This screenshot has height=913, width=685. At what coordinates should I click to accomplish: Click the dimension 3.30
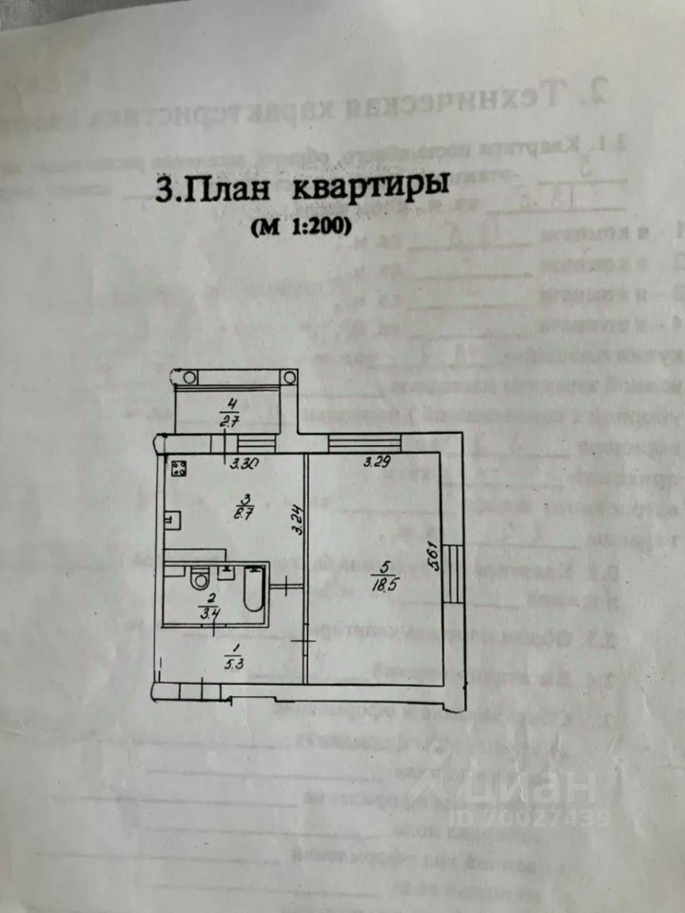coord(247,465)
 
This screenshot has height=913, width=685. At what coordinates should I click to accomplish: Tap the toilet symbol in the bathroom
coord(200,578)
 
